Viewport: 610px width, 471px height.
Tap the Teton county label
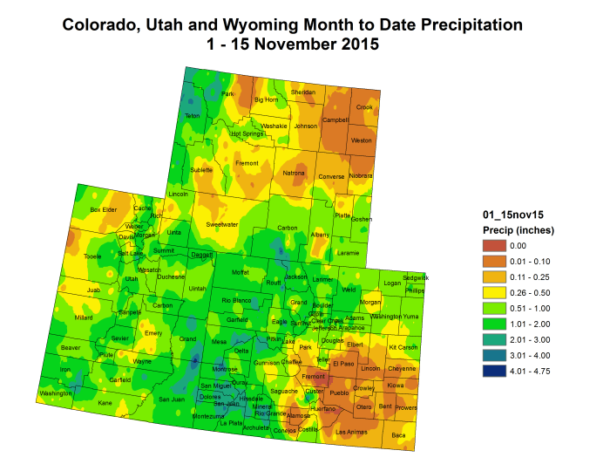coord(193,116)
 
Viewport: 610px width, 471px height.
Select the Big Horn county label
coord(265,100)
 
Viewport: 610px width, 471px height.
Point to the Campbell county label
coord(335,119)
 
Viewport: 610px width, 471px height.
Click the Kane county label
coord(105,403)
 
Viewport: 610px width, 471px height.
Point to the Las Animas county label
coord(352,432)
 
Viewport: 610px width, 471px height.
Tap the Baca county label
coord(398,434)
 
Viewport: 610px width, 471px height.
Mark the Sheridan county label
coord(302,92)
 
